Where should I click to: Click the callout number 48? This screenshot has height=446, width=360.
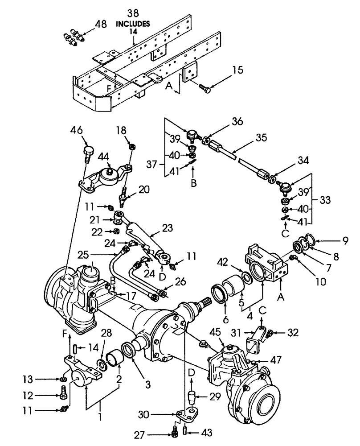101,25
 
